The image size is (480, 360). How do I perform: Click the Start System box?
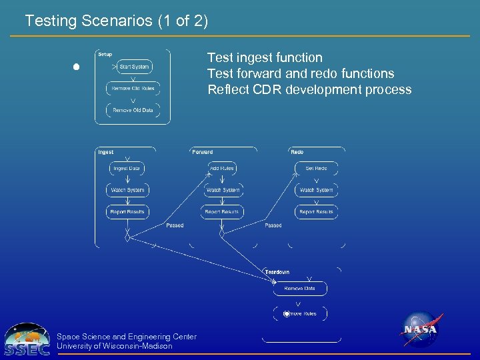pyautogui.click(x=134, y=67)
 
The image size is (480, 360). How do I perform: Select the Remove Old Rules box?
pyautogui.click(x=133, y=89)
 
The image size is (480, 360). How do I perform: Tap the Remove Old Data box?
pyautogui.click(x=133, y=110)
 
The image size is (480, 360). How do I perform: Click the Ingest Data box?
pyautogui.click(x=127, y=169)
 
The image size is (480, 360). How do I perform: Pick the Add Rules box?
pyautogui.click(x=222, y=169)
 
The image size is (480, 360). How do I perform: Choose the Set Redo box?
pyautogui.click(x=316, y=169)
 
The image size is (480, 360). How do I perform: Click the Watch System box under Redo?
pyautogui.click(x=316, y=190)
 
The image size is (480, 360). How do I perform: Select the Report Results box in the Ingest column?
pyautogui.click(x=127, y=212)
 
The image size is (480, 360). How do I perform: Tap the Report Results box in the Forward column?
pyautogui.click(x=222, y=212)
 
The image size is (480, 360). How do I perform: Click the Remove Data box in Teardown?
pyautogui.click(x=300, y=289)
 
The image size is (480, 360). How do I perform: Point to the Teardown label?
pyautogui.click(x=277, y=272)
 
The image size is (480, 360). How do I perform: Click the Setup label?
pyautogui.click(x=105, y=54)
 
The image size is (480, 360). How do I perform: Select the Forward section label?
pyautogui.click(x=203, y=152)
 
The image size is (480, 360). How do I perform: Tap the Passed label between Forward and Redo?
pyautogui.click(x=273, y=225)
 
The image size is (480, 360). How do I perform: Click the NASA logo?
pyautogui.click(x=420, y=329)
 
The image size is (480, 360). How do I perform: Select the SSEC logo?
pyautogui.click(x=27, y=340)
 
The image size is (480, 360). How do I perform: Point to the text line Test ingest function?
pyautogui.click(x=265, y=58)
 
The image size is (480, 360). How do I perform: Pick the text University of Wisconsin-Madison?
pyautogui.click(x=115, y=346)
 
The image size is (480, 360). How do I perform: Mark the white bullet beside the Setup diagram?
pyautogui.click(x=77, y=67)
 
